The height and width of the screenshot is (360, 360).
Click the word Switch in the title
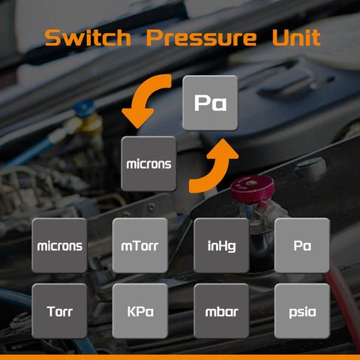88,37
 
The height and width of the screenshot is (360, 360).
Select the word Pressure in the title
201,37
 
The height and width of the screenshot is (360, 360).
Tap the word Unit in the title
296,37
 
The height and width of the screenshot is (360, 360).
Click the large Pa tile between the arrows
210,103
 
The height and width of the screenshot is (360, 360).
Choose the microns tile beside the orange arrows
148,163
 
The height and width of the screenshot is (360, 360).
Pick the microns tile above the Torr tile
59,245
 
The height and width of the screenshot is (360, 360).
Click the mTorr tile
140,245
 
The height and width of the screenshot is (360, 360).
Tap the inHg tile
221,245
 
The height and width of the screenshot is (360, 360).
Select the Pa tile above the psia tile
302,245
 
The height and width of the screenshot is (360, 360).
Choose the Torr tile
59,311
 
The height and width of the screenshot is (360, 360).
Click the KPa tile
140,311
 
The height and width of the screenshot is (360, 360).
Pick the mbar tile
221,311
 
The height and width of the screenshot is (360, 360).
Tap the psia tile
302,311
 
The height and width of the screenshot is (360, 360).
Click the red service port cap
252,189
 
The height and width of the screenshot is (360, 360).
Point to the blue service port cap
84,108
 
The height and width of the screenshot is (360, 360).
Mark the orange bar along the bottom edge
180,357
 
